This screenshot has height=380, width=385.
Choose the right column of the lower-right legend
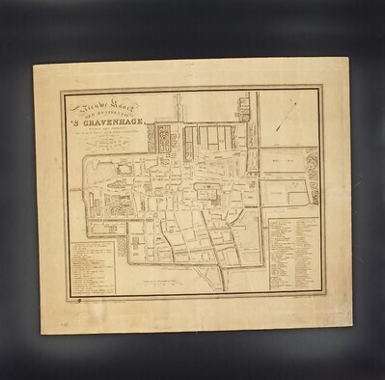(306, 258)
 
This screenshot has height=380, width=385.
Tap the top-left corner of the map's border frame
(64, 94)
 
